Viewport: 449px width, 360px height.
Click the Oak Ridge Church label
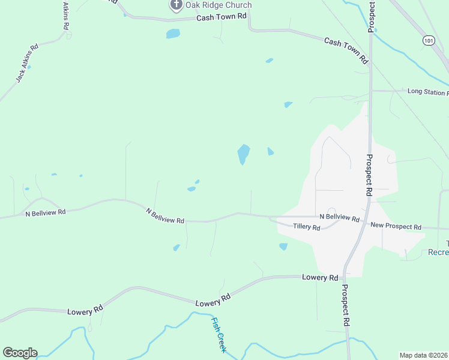coord(218,5)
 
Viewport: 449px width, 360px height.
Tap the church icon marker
coord(176,5)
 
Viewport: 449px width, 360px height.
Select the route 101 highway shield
coord(428,40)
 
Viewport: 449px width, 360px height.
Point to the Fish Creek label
coord(217,334)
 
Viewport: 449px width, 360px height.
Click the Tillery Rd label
coord(306,226)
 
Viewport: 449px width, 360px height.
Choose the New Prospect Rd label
coord(396,226)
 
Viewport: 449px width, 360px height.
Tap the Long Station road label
coord(427,92)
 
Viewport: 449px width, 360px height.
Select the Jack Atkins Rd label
coord(27,62)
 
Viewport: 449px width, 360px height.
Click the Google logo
coord(20,353)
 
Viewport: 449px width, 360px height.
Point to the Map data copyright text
coord(424,355)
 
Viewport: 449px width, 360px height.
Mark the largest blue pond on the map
coord(243,153)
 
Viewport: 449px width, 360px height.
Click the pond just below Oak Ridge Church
coord(173,34)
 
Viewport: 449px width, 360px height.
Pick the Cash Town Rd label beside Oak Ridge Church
coord(221,18)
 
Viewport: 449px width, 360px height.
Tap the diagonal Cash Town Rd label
coord(346,50)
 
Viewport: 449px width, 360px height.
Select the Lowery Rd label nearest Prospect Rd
coord(320,278)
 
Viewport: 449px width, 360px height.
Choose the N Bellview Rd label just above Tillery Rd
coord(339,217)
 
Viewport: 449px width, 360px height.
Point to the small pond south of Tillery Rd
coord(283,246)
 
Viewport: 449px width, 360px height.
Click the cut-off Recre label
coord(438,252)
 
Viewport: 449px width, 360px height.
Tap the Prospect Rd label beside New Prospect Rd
coord(369,175)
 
